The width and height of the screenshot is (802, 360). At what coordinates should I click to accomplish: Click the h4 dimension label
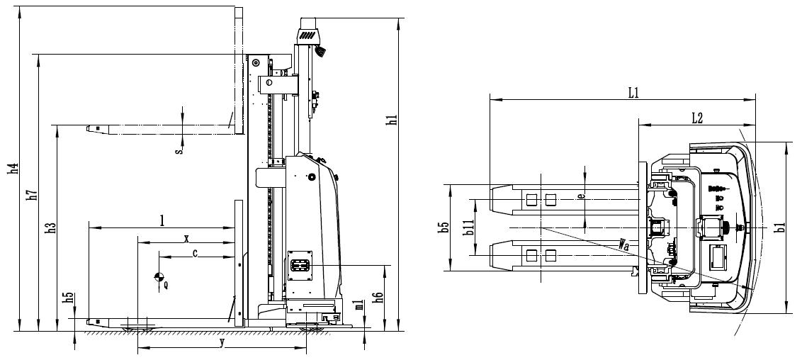pyautogui.click(x=13, y=168)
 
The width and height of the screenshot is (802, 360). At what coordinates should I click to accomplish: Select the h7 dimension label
pyautogui.click(x=32, y=194)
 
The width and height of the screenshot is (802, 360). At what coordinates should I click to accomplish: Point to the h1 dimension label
pyautogui.click(x=392, y=120)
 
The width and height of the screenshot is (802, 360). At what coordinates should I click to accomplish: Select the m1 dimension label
pyautogui.click(x=360, y=305)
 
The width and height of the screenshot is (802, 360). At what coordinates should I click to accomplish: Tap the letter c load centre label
pyautogui.click(x=195, y=252)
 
